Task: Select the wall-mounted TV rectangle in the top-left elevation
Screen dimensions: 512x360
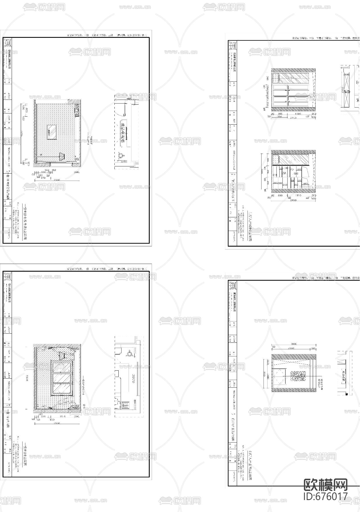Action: click(x=52, y=133)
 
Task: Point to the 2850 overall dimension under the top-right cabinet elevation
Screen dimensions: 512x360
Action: click(x=293, y=118)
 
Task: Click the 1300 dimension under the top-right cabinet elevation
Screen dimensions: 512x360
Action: click(x=298, y=114)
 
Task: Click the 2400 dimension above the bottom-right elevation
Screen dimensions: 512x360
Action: click(x=291, y=348)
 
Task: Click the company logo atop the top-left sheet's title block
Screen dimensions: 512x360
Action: click(x=7, y=43)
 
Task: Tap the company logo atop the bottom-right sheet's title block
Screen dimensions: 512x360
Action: click(x=233, y=286)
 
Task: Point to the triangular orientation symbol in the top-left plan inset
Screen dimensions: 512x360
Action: click(x=121, y=155)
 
